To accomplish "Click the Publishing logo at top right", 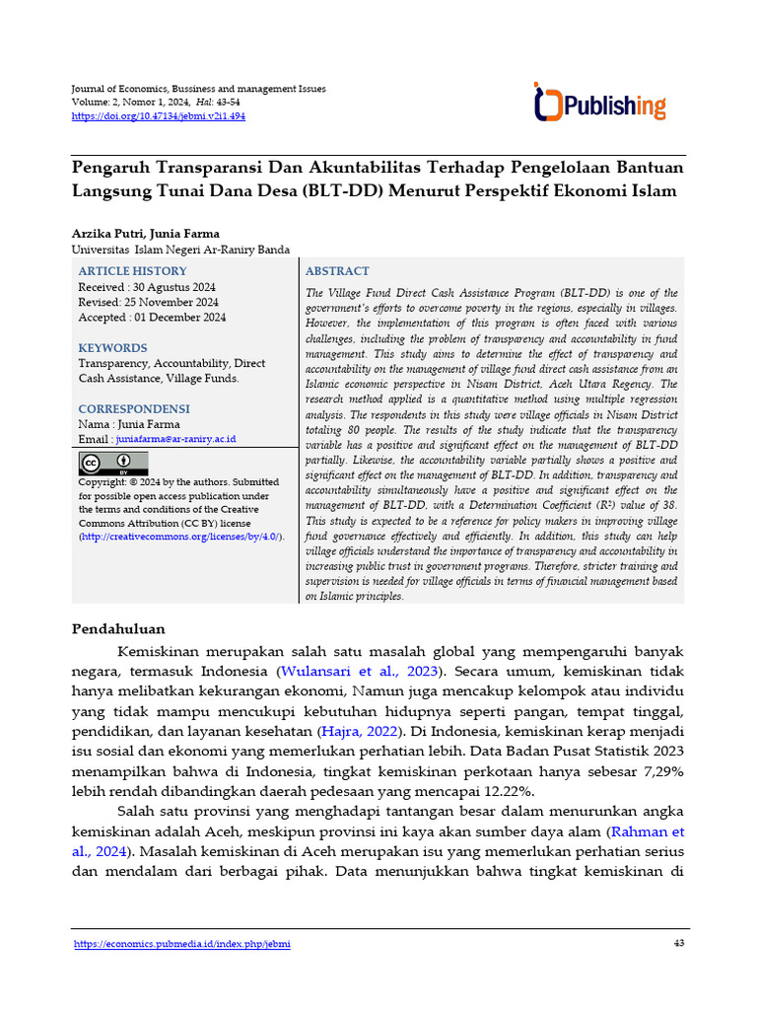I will click(599, 103).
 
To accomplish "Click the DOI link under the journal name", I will click(158, 116).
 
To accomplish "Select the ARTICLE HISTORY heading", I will click(132, 271).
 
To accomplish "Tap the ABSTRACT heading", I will click(337, 271).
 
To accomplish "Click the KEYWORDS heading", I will click(112, 348).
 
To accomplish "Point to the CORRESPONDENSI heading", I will click(134, 409).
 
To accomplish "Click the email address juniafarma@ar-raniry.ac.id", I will click(175, 439).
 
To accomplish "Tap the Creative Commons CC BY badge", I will click(113, 463).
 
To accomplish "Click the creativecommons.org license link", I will click(181, 537).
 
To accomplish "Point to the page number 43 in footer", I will click(677, 944).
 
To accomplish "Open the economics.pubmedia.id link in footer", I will click(182, 944).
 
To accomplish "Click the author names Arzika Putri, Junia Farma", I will click(147, 234).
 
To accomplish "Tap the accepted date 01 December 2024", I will click(179, 318).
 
